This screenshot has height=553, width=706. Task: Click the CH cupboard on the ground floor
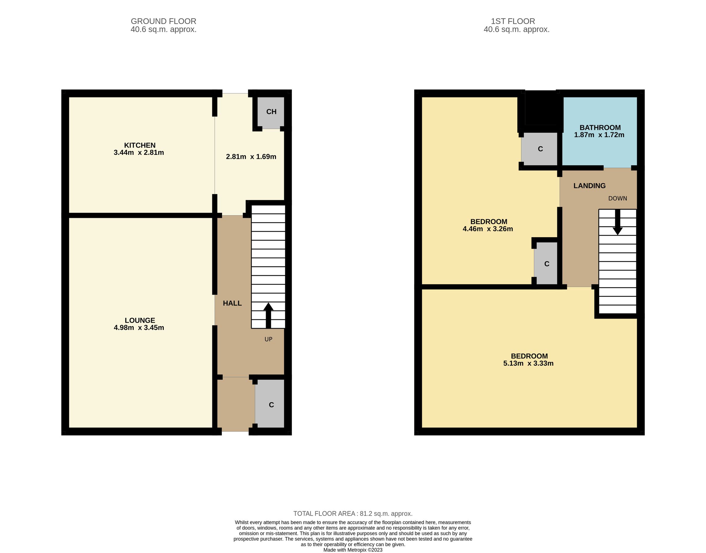click(271, 112)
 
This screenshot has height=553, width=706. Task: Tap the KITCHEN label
click(139, 145)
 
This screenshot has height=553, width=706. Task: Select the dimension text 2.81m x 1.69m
click(251, 157)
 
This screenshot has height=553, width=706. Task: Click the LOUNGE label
click(139, 320)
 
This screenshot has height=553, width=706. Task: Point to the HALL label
click(232, 303)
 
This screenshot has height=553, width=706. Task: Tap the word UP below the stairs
click(268, 339)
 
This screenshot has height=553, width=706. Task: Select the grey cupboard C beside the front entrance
click(271, 404)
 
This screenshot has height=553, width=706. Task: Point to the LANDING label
click(589, 186)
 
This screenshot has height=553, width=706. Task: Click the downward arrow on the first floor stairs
click(617, 223)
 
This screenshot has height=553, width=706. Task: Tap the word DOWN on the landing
click(617, 198)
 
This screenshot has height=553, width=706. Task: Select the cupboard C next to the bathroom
click(540, 149)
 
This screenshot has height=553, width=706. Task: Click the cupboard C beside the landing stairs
click(547, 264)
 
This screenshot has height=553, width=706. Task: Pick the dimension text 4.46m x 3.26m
click(488, 229)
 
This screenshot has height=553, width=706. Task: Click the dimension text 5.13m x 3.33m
click(528, 363)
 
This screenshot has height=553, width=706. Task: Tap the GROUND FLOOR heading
click(163, 21)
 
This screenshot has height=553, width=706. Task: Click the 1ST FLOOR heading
click(513, 21)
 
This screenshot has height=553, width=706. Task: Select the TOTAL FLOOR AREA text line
click(352, 513)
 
